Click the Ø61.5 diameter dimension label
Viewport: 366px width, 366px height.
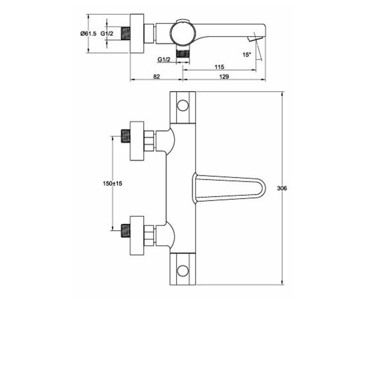88,33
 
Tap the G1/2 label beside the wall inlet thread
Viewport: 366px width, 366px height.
107,33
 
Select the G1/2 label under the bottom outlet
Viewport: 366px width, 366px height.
164,59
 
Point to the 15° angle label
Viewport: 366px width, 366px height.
247,54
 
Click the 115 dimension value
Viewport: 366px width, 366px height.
219,67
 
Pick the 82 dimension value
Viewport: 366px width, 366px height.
156,76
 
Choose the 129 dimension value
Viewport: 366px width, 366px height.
224,76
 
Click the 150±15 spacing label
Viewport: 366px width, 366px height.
113,183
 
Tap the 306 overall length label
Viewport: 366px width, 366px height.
282,188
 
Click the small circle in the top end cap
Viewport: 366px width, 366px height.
183,105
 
